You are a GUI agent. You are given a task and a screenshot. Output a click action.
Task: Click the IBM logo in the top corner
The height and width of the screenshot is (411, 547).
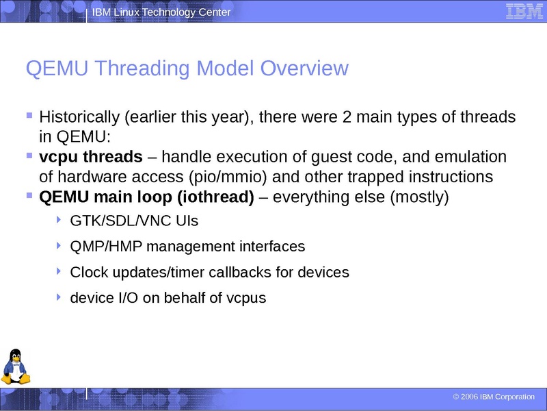tap(524, 11)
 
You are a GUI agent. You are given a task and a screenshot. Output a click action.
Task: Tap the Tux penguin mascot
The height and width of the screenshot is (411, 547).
tap(15, 366)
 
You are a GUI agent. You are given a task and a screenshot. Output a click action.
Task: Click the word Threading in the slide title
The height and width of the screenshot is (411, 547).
tap(143, 68)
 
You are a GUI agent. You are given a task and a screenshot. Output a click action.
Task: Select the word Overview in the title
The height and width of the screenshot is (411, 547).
tap(304, 68)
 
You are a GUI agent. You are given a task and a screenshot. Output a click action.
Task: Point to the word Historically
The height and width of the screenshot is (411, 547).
tap(79, 117)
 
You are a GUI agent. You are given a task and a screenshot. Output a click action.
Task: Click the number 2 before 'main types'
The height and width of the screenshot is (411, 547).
tap(347, 117)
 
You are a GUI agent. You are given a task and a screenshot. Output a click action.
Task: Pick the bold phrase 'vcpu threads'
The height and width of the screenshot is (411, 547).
tap(91, 157)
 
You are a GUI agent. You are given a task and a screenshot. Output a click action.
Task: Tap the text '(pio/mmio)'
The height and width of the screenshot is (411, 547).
tap(228, 177)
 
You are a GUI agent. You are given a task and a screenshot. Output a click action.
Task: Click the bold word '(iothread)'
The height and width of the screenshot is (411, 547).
tap(215, 197)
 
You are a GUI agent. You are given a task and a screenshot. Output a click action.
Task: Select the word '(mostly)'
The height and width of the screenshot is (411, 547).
tap(419, 197)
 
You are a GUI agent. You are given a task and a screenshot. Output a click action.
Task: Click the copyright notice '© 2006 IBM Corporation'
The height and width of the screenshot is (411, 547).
tap(494, 397)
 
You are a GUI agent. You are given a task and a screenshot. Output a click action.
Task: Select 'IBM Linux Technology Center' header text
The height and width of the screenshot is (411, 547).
tap(161, 12)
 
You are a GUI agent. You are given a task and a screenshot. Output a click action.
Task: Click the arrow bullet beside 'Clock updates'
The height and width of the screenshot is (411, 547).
tap(59, 271)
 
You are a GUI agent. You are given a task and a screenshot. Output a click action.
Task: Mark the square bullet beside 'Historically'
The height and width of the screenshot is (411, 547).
tap(29, 115)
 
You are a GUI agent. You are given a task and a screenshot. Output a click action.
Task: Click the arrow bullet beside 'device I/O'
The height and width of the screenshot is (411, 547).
tap(59, 297)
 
